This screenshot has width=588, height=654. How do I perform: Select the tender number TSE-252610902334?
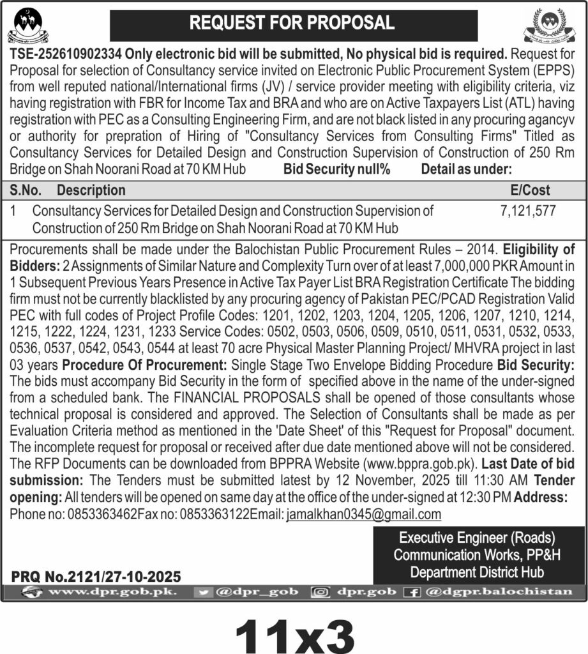pos(67,55)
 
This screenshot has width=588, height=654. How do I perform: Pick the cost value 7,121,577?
pos(529,209)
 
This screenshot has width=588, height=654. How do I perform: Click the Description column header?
pos(91,190)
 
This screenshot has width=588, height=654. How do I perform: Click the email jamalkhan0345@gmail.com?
pos(363,514)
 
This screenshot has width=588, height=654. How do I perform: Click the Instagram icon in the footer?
pos(319,592)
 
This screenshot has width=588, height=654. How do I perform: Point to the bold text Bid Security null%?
pos(336,169)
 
